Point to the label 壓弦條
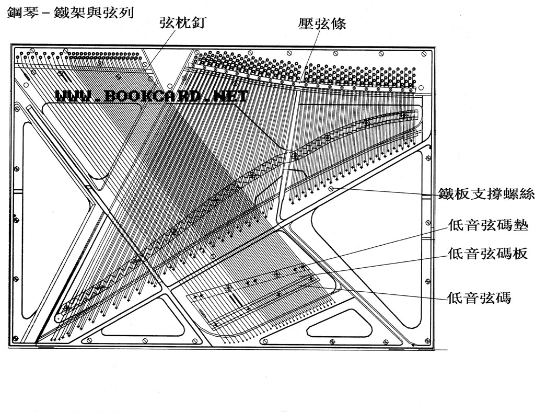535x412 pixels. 322,24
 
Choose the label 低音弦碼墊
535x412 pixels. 489,226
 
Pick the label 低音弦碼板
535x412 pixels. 489,254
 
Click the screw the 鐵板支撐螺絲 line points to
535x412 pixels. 331,188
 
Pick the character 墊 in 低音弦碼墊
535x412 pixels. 521,226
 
